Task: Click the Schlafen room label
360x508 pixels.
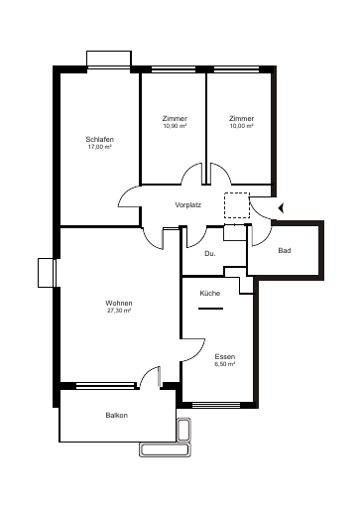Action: (100, 139)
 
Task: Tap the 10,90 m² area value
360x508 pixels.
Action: (175, 126)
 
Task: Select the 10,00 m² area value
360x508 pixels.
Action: (242, 126)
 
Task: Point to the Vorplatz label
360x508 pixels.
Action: (188, 205)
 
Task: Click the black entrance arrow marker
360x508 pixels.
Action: (282, 208)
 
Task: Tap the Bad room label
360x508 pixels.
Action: (285, 251)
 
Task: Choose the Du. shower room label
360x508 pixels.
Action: (210, 254)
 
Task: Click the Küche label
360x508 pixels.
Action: (210, 293)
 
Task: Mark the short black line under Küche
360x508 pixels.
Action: (210, 309)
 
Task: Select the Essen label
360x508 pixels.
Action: (225, 356)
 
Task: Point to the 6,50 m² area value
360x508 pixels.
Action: (225, 364)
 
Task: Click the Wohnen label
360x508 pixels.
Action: (119, 303)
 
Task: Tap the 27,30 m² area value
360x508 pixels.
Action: (119, 311)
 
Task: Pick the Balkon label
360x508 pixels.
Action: (117, 415)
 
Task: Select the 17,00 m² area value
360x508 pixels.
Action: (99, 147)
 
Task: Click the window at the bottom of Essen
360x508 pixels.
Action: (216, 404)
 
